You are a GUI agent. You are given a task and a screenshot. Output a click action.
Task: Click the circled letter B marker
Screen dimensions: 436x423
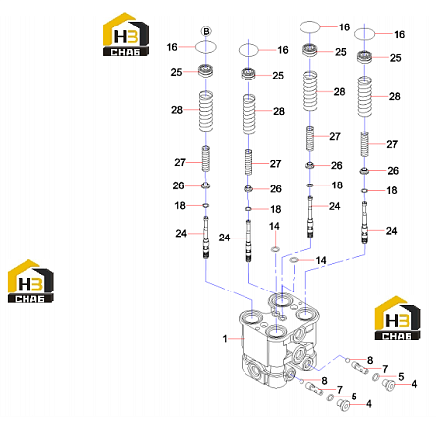[x=206, y=31]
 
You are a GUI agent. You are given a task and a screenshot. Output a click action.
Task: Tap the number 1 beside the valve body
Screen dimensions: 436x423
[x=225, y=338]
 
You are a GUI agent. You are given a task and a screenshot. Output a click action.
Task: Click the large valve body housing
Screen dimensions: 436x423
[x=278, y=340]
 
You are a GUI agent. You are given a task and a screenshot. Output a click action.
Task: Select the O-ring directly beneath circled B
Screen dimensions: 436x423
[x=206, y=47]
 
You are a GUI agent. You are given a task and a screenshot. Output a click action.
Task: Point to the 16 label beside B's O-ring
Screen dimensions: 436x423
[x=172, y=47]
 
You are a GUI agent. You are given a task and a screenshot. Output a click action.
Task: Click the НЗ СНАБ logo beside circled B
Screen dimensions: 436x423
[x=126, y=34]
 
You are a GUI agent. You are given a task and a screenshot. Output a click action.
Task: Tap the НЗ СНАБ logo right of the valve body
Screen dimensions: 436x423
[x=398, y=318]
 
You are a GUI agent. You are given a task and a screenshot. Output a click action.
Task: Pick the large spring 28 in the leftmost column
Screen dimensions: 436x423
[x=206, y=111]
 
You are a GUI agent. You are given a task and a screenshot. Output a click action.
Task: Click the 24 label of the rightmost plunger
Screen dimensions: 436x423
[x=391, y=231]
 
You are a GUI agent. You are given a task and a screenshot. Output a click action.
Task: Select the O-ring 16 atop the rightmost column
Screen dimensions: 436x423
[x=364, y=34]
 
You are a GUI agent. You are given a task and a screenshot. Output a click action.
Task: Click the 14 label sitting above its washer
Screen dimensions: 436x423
[x=274, y=226]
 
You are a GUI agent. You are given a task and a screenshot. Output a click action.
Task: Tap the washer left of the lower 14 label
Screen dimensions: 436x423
[x=294, y=260]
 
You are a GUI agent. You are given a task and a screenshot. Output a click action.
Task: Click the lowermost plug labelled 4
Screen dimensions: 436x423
[x=344, y=405]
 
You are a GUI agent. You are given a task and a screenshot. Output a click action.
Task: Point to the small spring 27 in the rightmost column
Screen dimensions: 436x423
[x=364, y=144]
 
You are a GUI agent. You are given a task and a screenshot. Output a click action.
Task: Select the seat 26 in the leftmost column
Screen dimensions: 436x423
[x=206, y=185]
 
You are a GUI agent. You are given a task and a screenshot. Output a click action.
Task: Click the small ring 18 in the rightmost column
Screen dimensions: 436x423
[x=364, y=190]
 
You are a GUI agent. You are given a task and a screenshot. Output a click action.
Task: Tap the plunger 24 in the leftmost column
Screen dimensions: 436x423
[x=206, y=238]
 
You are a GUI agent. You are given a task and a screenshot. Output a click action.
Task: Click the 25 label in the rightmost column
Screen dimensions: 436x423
[x=396, y=58]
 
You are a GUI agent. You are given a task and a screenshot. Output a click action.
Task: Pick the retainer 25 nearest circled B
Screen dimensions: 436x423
[x=206, y=71]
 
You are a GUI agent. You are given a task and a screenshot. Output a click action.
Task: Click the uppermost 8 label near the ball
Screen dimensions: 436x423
[x=370, y=360]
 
